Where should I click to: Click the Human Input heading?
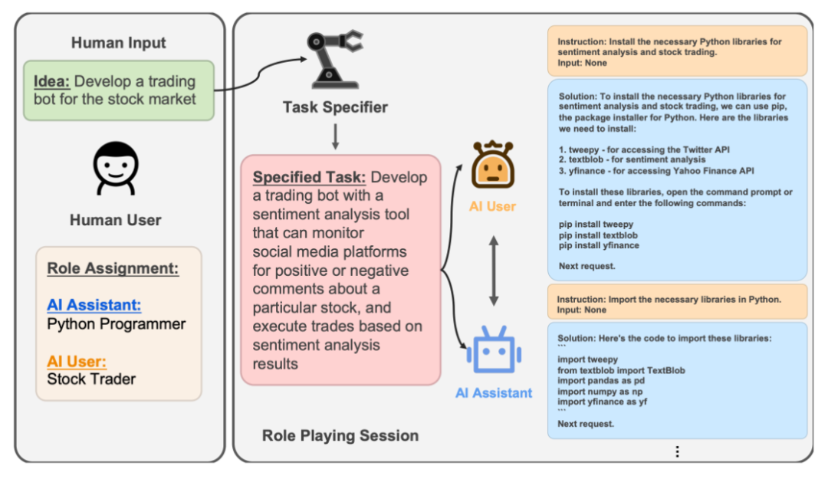click(119, 43)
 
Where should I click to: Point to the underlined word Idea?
click(52, 81)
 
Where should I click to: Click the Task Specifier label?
click(335, 107)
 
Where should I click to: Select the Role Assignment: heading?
click(113, 268)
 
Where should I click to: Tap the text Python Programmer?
click(117, 324)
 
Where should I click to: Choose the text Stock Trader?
click(91, 379)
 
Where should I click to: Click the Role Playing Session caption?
click(340, 435)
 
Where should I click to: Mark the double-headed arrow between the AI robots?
click(493, 271)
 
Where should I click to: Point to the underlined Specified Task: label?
click(309, 178)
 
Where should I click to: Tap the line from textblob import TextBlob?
click(621, 370)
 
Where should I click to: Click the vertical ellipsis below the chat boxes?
click(677, 451)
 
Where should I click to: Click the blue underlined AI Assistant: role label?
click(94, 305)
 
